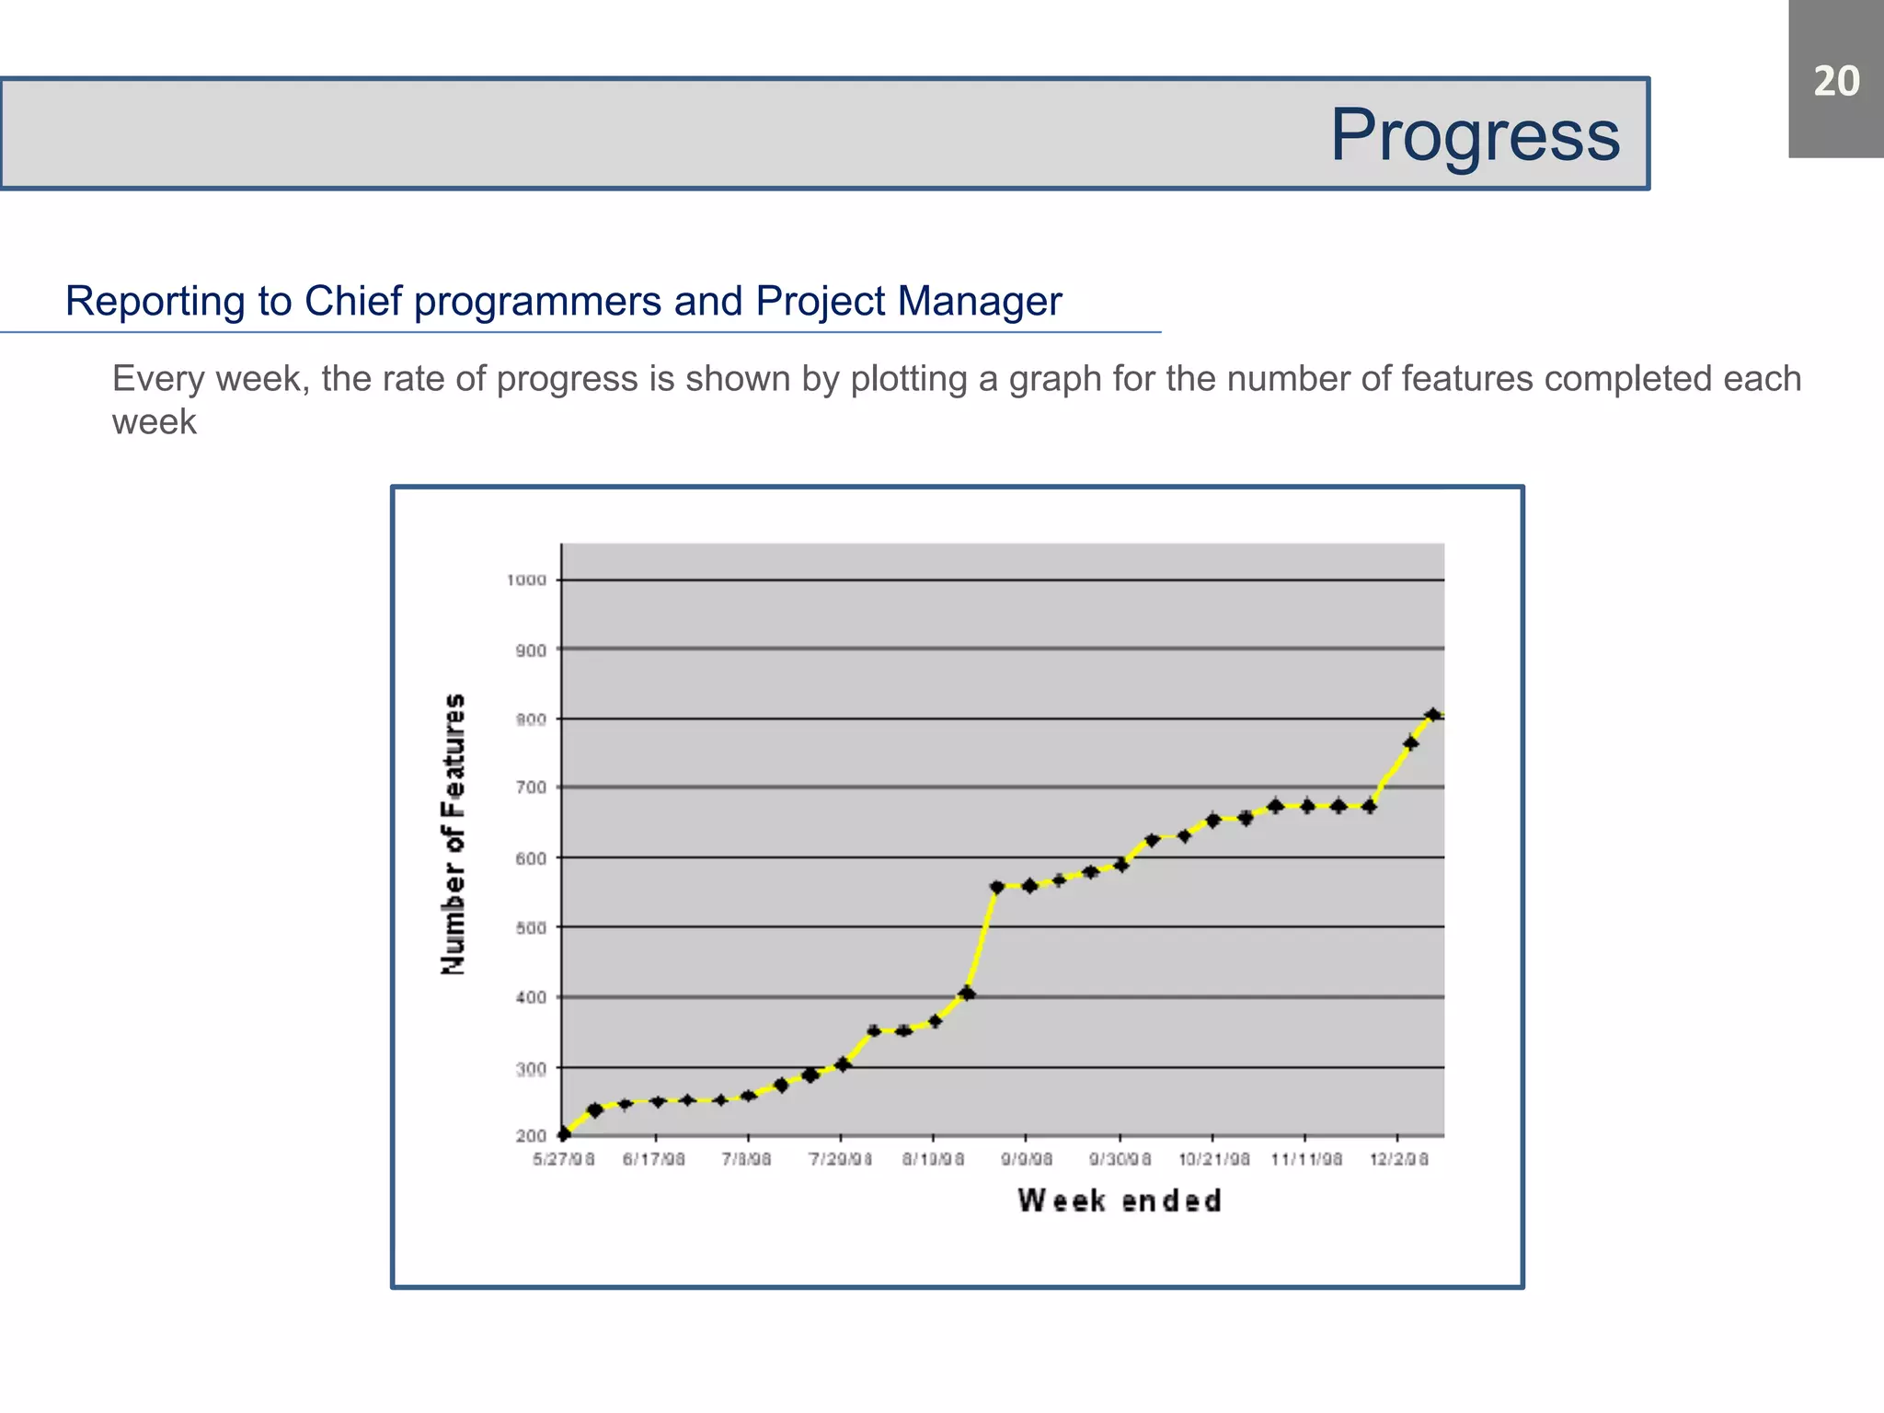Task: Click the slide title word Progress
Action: pos(1475,135)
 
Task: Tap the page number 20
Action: pos(1835,81)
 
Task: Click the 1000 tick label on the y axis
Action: pos(526,580)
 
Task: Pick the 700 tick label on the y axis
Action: pos(531,787)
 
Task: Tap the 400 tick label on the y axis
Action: pos(531,997)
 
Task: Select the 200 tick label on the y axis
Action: pos(531,1136)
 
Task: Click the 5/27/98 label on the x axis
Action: pos(564,1160)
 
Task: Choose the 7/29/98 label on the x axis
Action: pos(840,1160)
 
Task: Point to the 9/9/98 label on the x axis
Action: pos(1027,1160)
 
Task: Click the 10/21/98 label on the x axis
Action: pos(1213,1160)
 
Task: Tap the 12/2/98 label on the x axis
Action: pos(1398,1160)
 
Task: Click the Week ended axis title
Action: pos(1120,1200)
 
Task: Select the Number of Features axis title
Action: pos(454,833)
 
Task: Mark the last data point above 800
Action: pos(1432,715)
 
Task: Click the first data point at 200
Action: pos(564,1133)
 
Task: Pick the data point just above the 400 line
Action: pos(967,993)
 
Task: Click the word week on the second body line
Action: pos(155,422)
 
